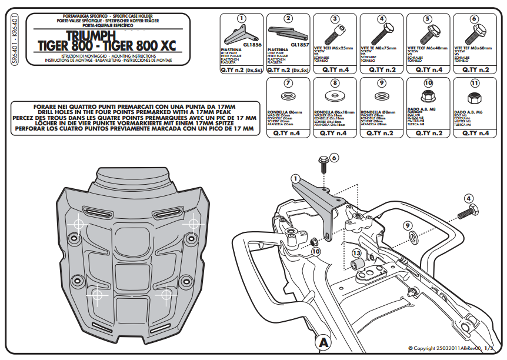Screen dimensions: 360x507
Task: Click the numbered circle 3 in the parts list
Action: [x=335, y=19]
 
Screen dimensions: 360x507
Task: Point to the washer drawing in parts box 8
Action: [x=335, y=96]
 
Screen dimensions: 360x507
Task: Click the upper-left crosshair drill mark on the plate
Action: [x=77, y=224]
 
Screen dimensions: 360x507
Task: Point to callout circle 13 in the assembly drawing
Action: [x=356, y=253]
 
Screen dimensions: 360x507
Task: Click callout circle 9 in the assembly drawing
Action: [x=408, y=225]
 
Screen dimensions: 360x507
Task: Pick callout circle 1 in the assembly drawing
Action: [x=295, y=178]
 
